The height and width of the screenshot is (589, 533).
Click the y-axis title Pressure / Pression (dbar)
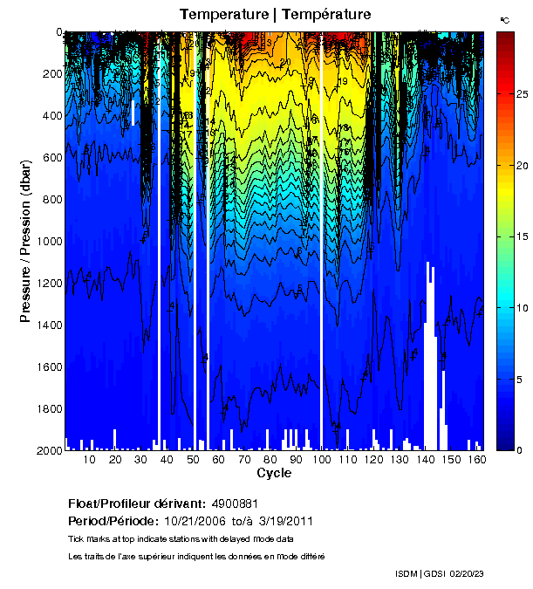click(x=26, y=246)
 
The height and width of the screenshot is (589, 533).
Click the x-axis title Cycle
click(x=274, y=473)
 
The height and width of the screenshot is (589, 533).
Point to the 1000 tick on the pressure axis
click(x=44, y=241)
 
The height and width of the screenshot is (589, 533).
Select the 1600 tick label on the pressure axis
click(x=44, y=366)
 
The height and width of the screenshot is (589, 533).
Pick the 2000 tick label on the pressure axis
click(x=44, y=450)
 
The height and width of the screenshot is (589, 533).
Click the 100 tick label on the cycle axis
click(x=323, y=460)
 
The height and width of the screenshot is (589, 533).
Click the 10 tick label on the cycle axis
click(x=89, y=460)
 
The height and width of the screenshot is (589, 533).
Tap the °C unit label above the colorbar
click(x=504, y=19)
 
